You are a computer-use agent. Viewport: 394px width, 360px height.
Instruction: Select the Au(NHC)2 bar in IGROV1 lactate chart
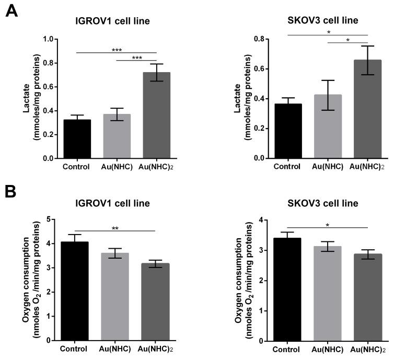143,115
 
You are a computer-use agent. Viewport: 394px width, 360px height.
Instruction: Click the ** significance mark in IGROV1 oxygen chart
115,228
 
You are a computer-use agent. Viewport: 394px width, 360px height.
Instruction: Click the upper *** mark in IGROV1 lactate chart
117,51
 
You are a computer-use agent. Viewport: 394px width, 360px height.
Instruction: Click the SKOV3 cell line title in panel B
328,203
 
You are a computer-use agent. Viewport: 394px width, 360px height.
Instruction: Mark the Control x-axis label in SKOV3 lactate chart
287,167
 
